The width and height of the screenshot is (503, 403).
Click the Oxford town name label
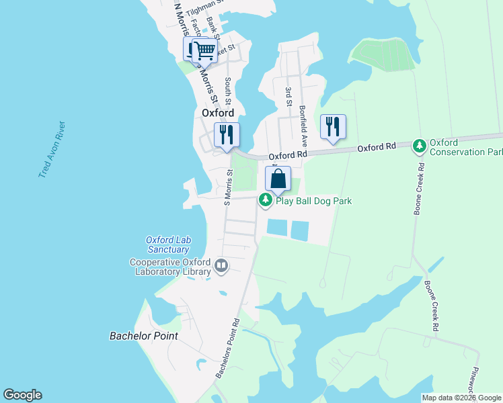218,114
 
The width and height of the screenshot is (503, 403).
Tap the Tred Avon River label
52,150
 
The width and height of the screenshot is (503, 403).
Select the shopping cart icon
204,50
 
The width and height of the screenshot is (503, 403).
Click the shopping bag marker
278,179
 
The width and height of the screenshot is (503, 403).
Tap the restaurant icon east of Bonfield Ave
333,126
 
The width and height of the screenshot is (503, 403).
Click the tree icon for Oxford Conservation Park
420,145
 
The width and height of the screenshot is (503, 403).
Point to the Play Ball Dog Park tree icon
266,199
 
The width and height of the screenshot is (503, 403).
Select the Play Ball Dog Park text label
313,201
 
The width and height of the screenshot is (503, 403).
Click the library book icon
221,267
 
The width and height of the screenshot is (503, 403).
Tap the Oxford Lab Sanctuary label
167,245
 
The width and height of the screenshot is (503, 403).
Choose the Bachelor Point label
143,335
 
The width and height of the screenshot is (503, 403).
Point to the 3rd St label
288,96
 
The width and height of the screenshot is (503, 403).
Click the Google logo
23,395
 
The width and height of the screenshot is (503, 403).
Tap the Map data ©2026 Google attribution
461,398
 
